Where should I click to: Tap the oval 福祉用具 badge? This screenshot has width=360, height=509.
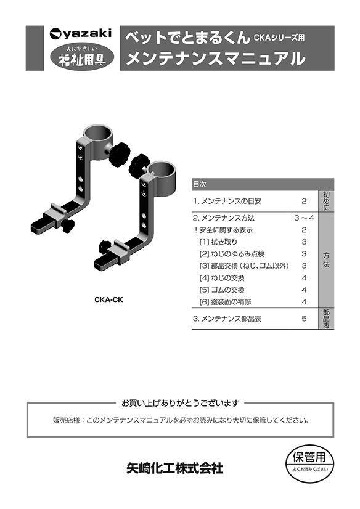point(82,57)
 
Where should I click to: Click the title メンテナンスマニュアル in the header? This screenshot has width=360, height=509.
point(215,59)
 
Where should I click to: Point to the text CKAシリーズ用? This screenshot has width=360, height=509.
point(279,38)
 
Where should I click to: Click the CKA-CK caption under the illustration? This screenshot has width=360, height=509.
point(108,299)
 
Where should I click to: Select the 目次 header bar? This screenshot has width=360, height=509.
point(263,184)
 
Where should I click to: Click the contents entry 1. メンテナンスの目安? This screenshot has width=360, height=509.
point(227,202)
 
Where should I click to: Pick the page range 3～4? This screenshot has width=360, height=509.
point(304,218)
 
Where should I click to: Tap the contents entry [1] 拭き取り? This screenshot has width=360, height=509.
point(218,242)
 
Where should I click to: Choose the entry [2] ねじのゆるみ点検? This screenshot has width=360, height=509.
point(232,254)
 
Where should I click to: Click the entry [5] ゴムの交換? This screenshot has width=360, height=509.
point(222,290)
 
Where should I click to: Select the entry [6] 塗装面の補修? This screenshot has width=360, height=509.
point(225,302)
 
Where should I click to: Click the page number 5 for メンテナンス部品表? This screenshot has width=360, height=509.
point(304,319)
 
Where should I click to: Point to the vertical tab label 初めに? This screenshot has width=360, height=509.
point(326,202)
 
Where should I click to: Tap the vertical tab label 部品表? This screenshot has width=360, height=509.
point(326,319)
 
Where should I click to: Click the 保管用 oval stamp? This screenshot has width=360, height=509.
point(309,463)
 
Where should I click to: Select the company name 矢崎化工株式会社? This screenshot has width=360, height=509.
point(175,468)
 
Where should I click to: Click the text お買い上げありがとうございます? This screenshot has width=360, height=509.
point(180,403)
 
